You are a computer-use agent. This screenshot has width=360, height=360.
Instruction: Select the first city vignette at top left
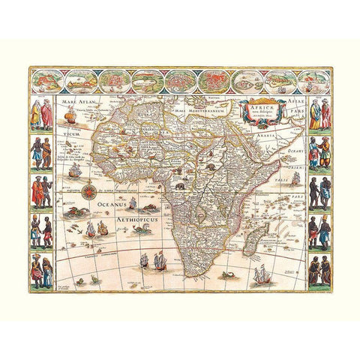[51, 80]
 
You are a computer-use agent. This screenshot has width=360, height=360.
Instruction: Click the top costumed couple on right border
[319, 115]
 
